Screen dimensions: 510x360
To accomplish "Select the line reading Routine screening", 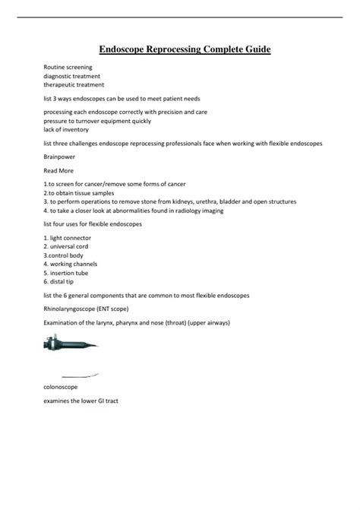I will pyautogui.click(x=68, y=68).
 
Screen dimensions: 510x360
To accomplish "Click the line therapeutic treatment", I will pyautogui.click(x=74, y=84).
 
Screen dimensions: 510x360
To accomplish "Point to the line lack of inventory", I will pyautogui.click(x=67, y=128).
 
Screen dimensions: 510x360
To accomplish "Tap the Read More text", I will pyautogui.click(x=58, y=172).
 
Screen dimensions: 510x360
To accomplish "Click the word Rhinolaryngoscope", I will pyautogui.click(x=74, y=309).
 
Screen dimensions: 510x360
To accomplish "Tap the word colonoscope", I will pyautogui.click(x=61, y=387).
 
